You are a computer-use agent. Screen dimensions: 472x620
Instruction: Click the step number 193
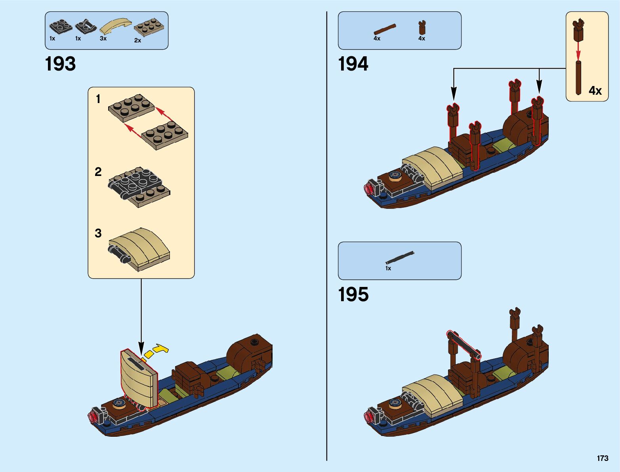(60, 64)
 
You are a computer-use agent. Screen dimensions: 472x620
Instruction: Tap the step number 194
(353, 64)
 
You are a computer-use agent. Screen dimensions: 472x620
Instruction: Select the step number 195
(353, 294)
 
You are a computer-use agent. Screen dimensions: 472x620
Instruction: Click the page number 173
(602, 458)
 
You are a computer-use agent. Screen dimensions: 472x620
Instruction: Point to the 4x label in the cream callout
(595, 91)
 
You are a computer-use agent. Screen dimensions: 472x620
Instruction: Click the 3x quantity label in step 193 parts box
(103, 38)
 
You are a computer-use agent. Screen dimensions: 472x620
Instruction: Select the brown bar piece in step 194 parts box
(385, 29)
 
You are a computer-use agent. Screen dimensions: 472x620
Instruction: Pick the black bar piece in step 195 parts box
(400, 258)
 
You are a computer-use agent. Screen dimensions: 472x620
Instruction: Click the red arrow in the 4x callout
(578, 50)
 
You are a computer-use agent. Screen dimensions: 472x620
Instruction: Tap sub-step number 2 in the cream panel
(98, 172)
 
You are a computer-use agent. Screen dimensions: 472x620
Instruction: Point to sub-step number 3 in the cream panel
(98, 233)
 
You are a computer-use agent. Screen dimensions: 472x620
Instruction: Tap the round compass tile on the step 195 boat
(395, 403)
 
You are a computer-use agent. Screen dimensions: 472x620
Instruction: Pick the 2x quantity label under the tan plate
(137, 40)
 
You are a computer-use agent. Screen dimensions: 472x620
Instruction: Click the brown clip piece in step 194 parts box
(422, 28)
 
